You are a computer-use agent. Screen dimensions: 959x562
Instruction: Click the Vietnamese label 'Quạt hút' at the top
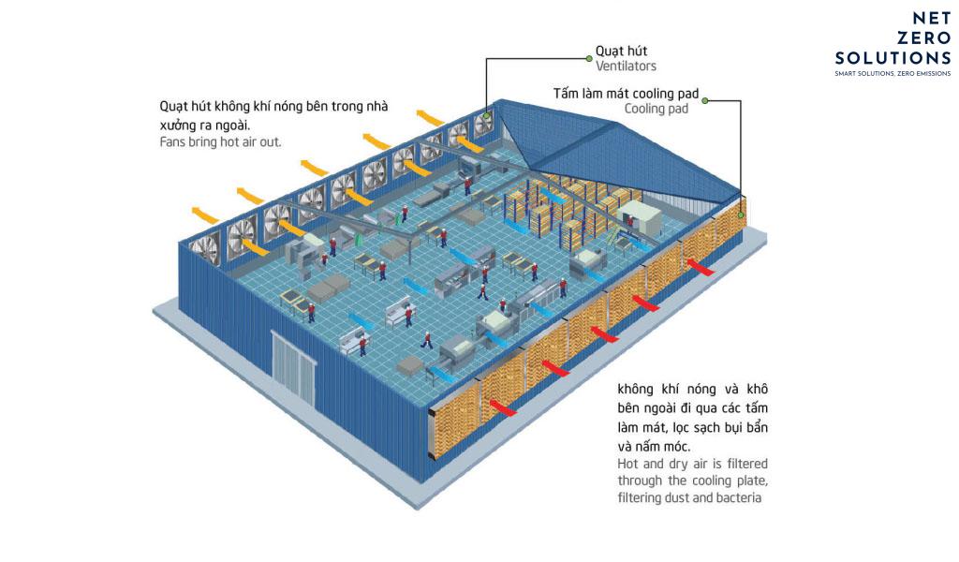621,51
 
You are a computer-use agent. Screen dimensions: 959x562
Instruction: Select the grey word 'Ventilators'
626,67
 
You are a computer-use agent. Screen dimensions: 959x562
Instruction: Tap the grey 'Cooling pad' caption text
657,109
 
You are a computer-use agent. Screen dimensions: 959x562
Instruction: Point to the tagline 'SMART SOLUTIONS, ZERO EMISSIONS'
893,73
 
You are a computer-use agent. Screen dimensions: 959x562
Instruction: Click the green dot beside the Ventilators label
589,59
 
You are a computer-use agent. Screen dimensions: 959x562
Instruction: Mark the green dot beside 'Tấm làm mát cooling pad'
704,100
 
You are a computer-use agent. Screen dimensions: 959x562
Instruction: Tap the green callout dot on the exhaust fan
487,115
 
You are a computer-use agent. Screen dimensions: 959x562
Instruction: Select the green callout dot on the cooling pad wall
741,214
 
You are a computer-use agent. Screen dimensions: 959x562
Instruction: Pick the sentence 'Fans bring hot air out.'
220,141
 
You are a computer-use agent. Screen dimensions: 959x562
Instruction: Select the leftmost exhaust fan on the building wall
203,250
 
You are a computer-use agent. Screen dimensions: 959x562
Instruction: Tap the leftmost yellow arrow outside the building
204,214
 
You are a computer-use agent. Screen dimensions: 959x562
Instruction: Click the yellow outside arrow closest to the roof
430,117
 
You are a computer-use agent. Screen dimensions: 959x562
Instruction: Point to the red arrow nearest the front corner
503,407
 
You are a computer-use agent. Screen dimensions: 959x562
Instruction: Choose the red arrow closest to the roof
701,267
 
